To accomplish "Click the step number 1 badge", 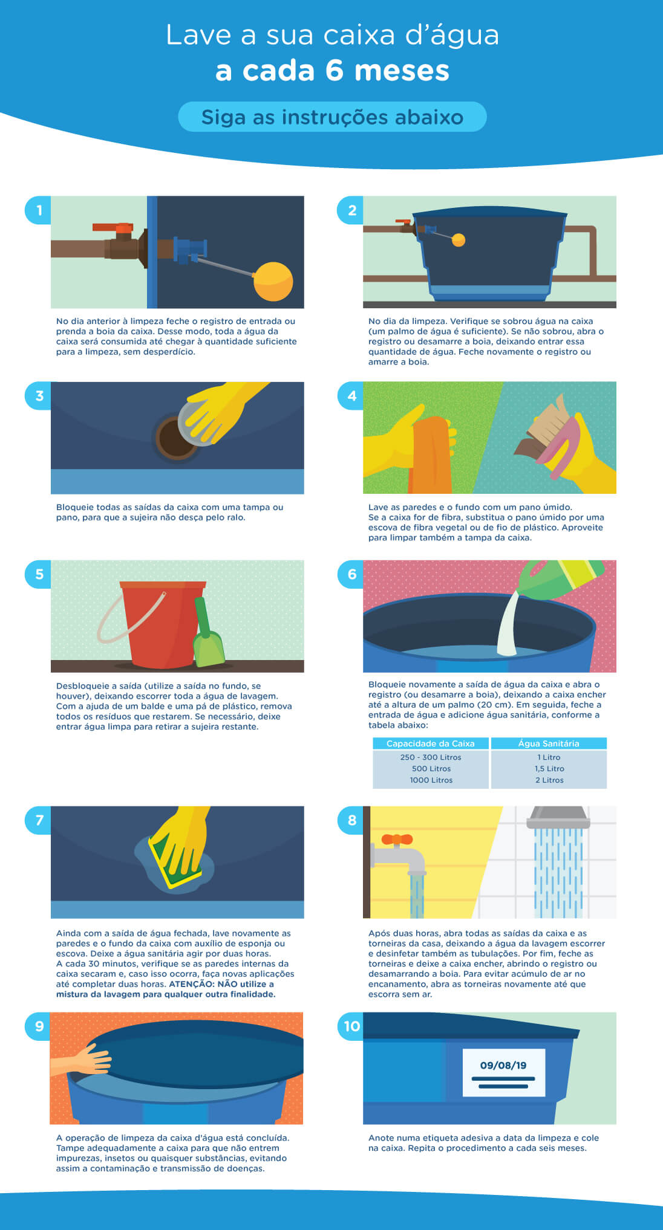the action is (x=39, y=210).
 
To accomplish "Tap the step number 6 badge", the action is (x=351, y=574).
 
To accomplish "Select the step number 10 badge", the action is (x=351, y=1026).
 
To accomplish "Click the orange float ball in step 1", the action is (x=273, y=281).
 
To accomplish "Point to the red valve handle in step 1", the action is (x=113, y=228).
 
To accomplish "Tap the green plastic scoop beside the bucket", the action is (x=208, y=635).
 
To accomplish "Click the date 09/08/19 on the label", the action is (x=503, y=1065).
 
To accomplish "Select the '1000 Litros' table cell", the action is (x=431, y=780).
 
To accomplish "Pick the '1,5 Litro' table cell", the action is (x=549, y=768).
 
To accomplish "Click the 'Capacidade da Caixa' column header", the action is (x=431, y=743).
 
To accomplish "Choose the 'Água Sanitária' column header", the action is (x=549, y=743).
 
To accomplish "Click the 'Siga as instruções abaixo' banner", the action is (x=332, y=117).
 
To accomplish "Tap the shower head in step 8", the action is (x=558, y=817).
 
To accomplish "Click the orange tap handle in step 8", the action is (x=397, y=839).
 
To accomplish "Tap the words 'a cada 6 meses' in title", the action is (x=332, y=70).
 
